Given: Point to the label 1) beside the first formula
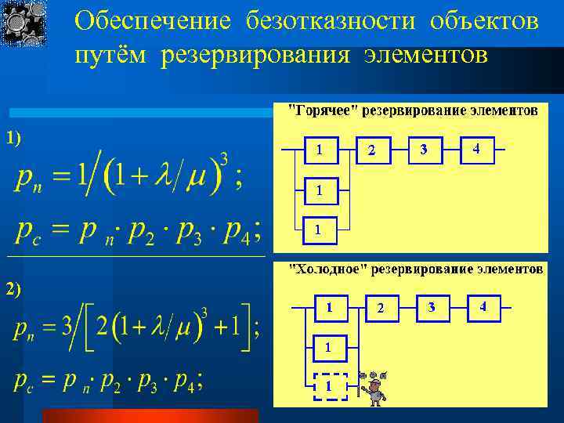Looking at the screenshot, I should point(13,139).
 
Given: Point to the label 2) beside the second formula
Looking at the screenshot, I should point(13,289).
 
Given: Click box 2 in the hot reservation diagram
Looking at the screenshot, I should point(372,150).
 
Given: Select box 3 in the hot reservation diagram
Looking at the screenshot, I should point(424,149).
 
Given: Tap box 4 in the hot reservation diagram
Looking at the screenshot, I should point(476,149).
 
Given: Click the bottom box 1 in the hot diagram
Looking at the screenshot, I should point(317,230).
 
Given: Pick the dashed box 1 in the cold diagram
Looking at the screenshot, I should point(329,386).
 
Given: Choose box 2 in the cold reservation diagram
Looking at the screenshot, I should point(381,309).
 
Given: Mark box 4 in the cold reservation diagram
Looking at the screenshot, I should point(483,307).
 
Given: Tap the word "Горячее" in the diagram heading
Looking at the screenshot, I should point(324,110).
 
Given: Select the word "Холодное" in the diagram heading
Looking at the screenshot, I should point(328,269).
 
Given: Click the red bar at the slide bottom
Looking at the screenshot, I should point(149,415).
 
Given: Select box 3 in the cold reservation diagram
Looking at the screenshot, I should point(432,307).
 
